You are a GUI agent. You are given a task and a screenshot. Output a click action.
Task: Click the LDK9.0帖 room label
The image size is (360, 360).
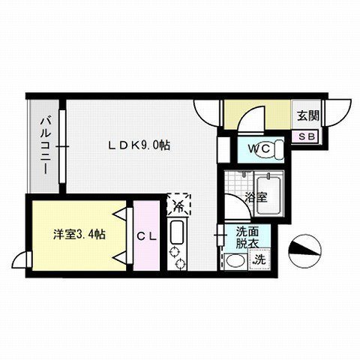[139, 145]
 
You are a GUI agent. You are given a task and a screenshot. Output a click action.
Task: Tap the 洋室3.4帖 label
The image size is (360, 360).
[79, 234]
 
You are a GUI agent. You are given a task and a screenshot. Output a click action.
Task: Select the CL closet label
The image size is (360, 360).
[147, 235]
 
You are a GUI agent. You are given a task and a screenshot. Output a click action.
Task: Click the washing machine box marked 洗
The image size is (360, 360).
[259, 259]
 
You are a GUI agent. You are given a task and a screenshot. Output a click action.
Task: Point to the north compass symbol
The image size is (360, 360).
[304, 249]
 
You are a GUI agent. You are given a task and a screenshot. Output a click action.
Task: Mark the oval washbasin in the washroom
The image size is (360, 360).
[235, 261]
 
